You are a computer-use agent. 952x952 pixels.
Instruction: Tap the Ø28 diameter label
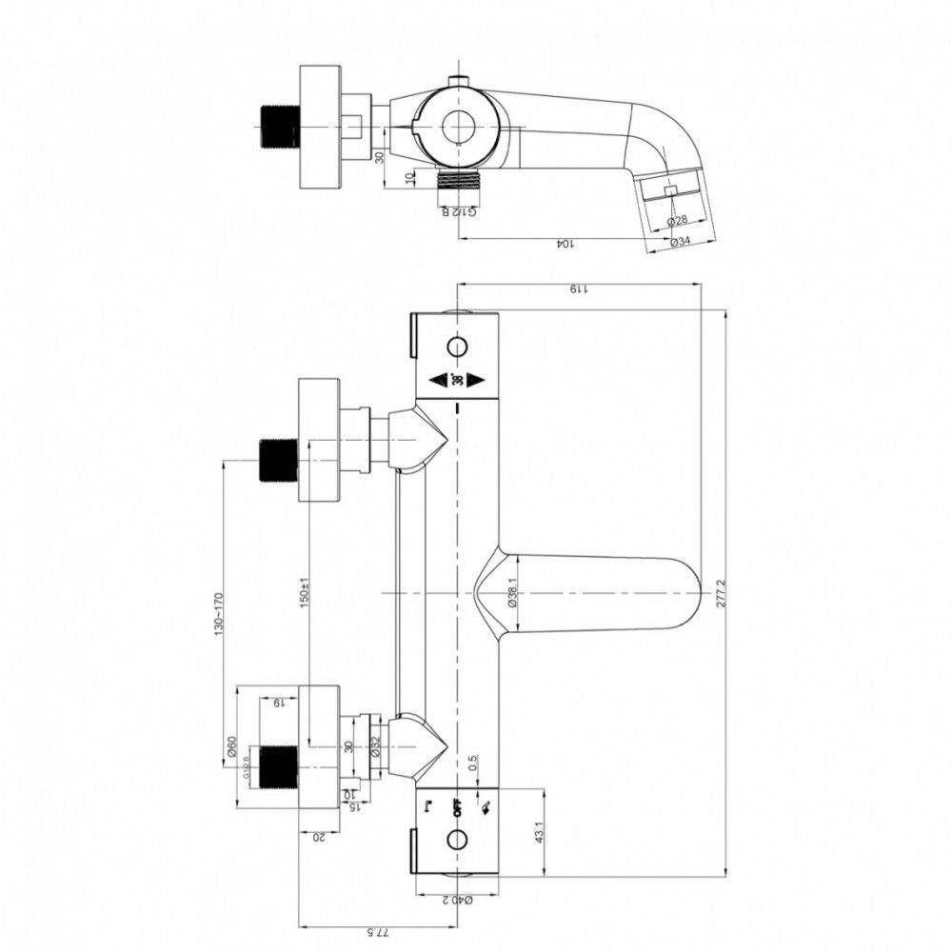[x=678, y=221]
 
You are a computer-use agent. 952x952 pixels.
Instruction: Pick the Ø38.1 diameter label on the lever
[x=511, y=594]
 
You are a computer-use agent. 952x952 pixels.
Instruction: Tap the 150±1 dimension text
[x=305, y=594]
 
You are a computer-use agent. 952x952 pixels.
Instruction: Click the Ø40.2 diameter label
[x=457, y=898]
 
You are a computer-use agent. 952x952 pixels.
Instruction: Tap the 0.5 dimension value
[x=473, y=765]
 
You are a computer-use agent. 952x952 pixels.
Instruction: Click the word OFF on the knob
[x=457, y=808]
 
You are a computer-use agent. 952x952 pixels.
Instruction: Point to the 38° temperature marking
[x=457, y=380]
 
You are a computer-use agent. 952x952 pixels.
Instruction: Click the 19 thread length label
[x=277, y=704]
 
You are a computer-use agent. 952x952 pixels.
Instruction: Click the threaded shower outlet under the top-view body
[x=459, y=179]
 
